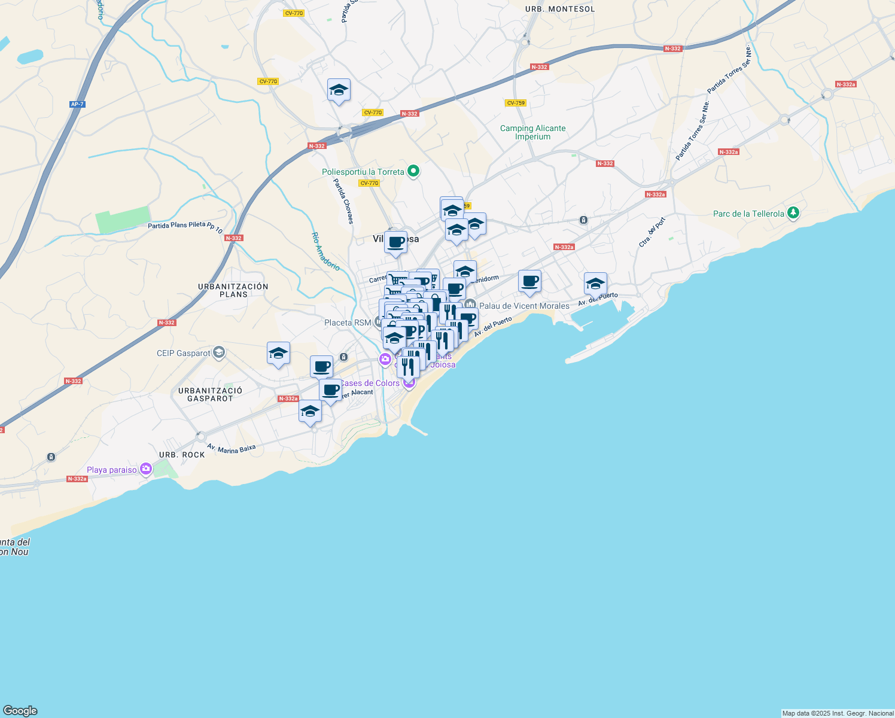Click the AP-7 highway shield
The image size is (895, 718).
[x=77, y=104]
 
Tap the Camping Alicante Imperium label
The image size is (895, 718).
[x=532, y=132]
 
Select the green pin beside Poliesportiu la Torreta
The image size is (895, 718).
[x=413, y=172]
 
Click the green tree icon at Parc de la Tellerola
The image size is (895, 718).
[x=793, y=213]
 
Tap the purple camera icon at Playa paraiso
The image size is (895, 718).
[x=146, y=470]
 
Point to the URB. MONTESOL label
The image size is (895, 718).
[x=560, y=9]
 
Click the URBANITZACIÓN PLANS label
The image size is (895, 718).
[x=233, y=290]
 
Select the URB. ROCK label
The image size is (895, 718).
[x=182, y=455]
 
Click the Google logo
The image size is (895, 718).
[x=20, y=710]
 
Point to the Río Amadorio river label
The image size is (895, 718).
[x=325, y=251]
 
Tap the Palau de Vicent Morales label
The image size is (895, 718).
[x=524, y=306]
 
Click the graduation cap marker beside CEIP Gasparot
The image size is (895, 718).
[x=278, y=354]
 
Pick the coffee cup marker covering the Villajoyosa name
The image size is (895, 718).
[x=395, y=242]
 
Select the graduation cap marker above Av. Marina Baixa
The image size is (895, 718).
[x=310, y=411]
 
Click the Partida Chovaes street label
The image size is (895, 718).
[x=343, y=201]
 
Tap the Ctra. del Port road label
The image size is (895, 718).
[x=652, y=233]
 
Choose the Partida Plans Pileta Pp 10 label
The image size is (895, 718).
[x=185, y=227]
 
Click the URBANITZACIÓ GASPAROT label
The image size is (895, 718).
[x=210, y=394]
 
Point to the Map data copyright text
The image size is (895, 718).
[x=838, y=713]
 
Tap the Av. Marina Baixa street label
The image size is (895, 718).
[x=231, y=448]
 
